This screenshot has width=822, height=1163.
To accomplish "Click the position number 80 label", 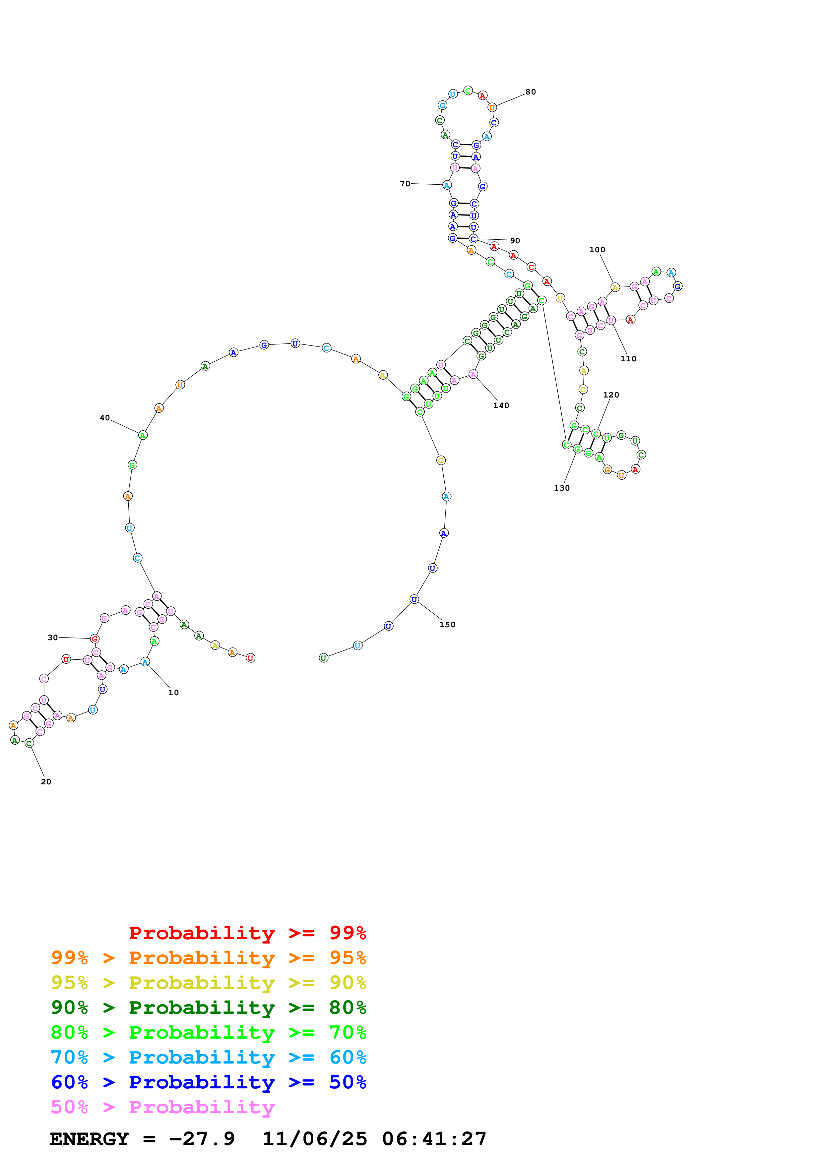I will coord(530,92).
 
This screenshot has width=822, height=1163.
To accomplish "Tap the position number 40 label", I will coord(104,418).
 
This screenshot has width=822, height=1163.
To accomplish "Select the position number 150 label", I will coord(447,625).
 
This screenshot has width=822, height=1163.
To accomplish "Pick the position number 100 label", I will coord(597,250).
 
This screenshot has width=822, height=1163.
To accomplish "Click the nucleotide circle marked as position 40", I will coord(143,435).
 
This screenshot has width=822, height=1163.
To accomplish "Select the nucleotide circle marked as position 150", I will coord(414,599).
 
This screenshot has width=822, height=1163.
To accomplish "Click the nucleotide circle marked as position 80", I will coord(492,107).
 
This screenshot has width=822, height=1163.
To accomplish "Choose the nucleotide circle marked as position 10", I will coord(145,661).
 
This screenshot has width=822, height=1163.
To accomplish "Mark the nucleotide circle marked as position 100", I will coord(615,287).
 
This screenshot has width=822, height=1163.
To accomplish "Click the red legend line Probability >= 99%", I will coord(247,933).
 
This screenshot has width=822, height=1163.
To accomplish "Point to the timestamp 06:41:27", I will coord(434,1139).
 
